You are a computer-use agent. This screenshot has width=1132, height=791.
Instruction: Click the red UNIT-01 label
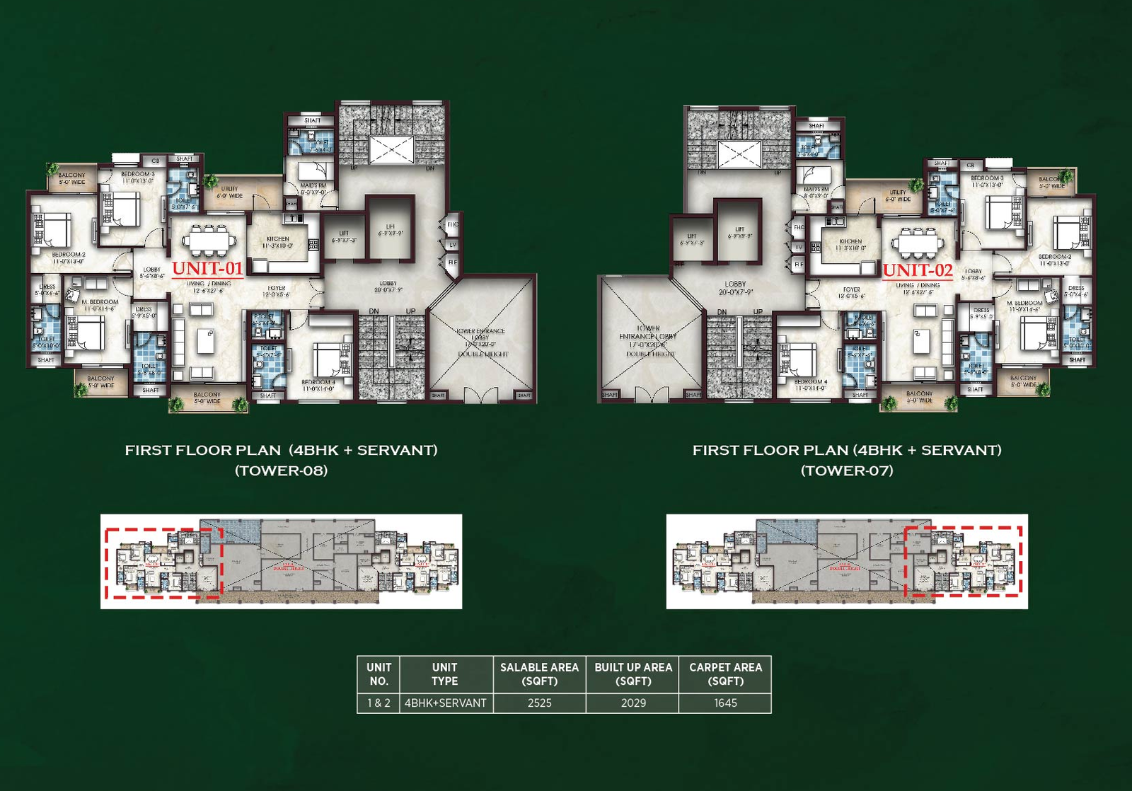point(207,269)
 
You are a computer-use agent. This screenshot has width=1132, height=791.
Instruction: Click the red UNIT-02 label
point(918,270)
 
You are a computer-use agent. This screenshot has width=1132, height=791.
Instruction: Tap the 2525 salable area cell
point(539,703)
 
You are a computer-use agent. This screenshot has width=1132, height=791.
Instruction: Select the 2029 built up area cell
point(633,703)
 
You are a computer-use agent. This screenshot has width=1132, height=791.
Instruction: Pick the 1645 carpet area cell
point(725,703)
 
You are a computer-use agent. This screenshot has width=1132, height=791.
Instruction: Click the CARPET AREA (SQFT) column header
point(725,674)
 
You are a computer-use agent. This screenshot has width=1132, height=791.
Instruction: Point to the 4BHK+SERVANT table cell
point(445,703)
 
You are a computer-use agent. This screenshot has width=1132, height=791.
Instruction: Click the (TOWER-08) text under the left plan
point(281,470)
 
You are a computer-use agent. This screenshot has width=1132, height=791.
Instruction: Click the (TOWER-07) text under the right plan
point(847,470)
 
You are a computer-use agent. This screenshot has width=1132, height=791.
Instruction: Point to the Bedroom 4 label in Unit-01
point(318,385)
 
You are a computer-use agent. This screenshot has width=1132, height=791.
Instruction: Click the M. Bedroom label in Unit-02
point(1024,306)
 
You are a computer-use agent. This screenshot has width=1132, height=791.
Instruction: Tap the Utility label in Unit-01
point(230,192)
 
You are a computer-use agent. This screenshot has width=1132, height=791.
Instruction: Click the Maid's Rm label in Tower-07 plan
point(816,192)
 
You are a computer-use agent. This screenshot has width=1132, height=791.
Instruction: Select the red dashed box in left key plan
point(164,562)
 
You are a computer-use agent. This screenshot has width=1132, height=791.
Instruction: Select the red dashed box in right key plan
point(964,561)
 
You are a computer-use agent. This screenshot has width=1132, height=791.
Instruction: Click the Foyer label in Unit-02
point(851,292)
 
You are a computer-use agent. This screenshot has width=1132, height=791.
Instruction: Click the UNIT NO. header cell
point(379,674)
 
